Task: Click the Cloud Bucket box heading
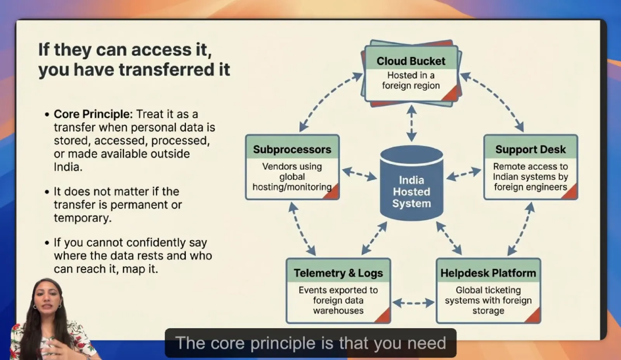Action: [411, 61]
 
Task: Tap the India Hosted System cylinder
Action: [411, 186]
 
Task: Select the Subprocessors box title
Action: [292, 149]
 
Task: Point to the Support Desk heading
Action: [530, 149]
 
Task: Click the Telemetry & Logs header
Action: [338, 273]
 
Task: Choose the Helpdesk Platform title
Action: [488, 273]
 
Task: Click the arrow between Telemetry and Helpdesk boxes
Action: [413, 303]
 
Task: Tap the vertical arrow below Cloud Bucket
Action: [411, 123]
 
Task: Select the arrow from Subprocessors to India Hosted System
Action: [359, 173]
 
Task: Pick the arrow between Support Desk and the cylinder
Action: [463, 174]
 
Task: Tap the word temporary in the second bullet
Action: [82, 218]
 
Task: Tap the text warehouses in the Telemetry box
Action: [338, 310]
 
